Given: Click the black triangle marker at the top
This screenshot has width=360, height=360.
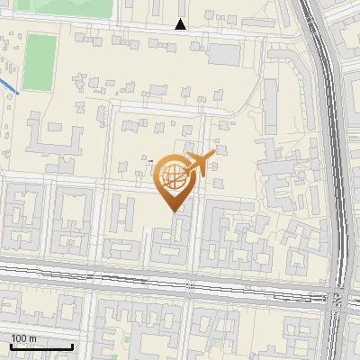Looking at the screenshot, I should (x=181, y=25).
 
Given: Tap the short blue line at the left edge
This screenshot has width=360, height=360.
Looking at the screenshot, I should (x=9, y=87).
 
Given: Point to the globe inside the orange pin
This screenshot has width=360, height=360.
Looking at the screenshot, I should (x=174, y=178).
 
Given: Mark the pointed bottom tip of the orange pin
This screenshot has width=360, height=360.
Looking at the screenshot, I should (x=174, y=211).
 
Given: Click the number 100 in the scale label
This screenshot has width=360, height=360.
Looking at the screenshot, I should (x=19, y=338).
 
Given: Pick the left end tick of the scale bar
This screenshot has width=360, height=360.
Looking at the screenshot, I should (x=12, y=346).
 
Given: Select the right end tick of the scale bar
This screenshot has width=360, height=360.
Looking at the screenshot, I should (x=73, y=346).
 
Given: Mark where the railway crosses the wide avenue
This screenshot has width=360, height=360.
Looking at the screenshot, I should (x=337, y=298).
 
